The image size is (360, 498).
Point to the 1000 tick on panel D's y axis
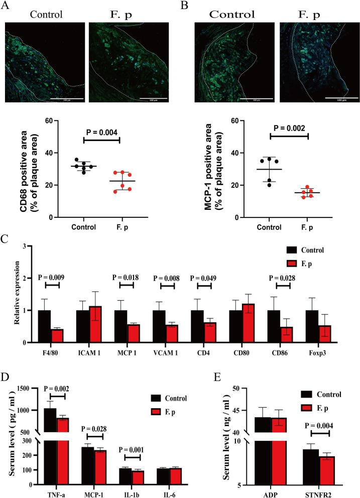pos(31,410)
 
